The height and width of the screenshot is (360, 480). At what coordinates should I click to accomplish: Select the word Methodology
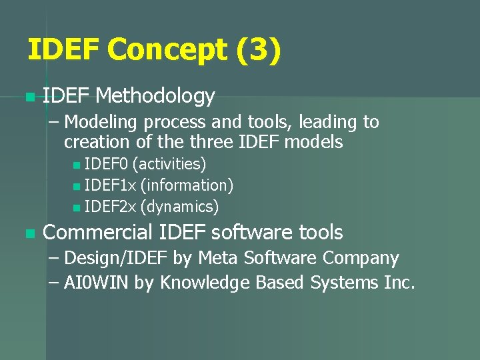[x=155, y=97]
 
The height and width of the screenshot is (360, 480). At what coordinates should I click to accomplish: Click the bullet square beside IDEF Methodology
[x=27, y=98]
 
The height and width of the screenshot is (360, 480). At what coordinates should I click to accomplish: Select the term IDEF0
[x=107, y=164]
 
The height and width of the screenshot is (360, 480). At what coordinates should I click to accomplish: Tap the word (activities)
[x=169, y=164]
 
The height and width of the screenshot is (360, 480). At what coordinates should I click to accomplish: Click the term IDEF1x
[x=110, y=185]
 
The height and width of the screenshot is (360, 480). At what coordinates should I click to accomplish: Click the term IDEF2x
[x=110, y=207]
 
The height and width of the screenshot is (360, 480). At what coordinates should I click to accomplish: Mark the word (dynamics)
[x=179, y=207]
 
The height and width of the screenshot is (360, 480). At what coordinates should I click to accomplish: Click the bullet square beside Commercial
[x=27, y=234]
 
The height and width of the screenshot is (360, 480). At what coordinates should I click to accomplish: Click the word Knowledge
[x=203, y=283]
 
